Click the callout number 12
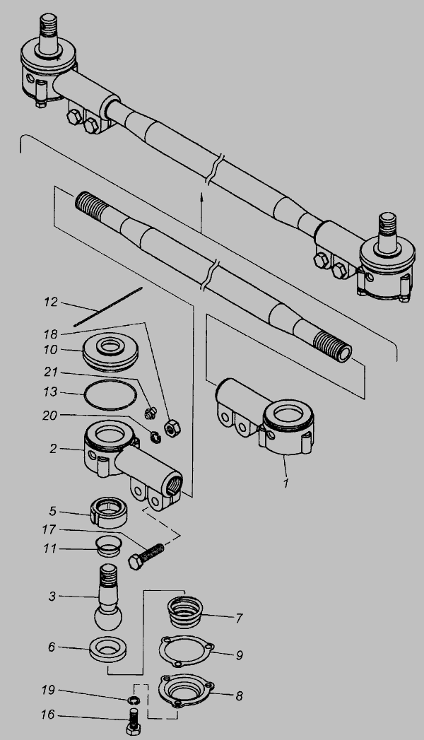pyautogui.click(x=51, y=302)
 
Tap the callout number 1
pyautogui.click(x=284, y=483)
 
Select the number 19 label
pyautogui.click(x=48, y=690)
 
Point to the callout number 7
pyautogui.click(x=240, y=618)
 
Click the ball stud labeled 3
pyautogui.click(x=110, y=597)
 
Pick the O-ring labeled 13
pyautogui.click(x=110, y=394)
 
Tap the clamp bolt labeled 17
pyautogui.click(x=146, y=556)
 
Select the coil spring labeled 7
pyautogui.click(x=185, y=612)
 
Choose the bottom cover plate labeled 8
pyautogui.click(x=186, y=691)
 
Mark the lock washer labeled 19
pyautogui.click(x=134, y=699)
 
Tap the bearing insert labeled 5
pyautogui.click(x=109, y=515)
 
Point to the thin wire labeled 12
pyautogui.click(x=108, y=306)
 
